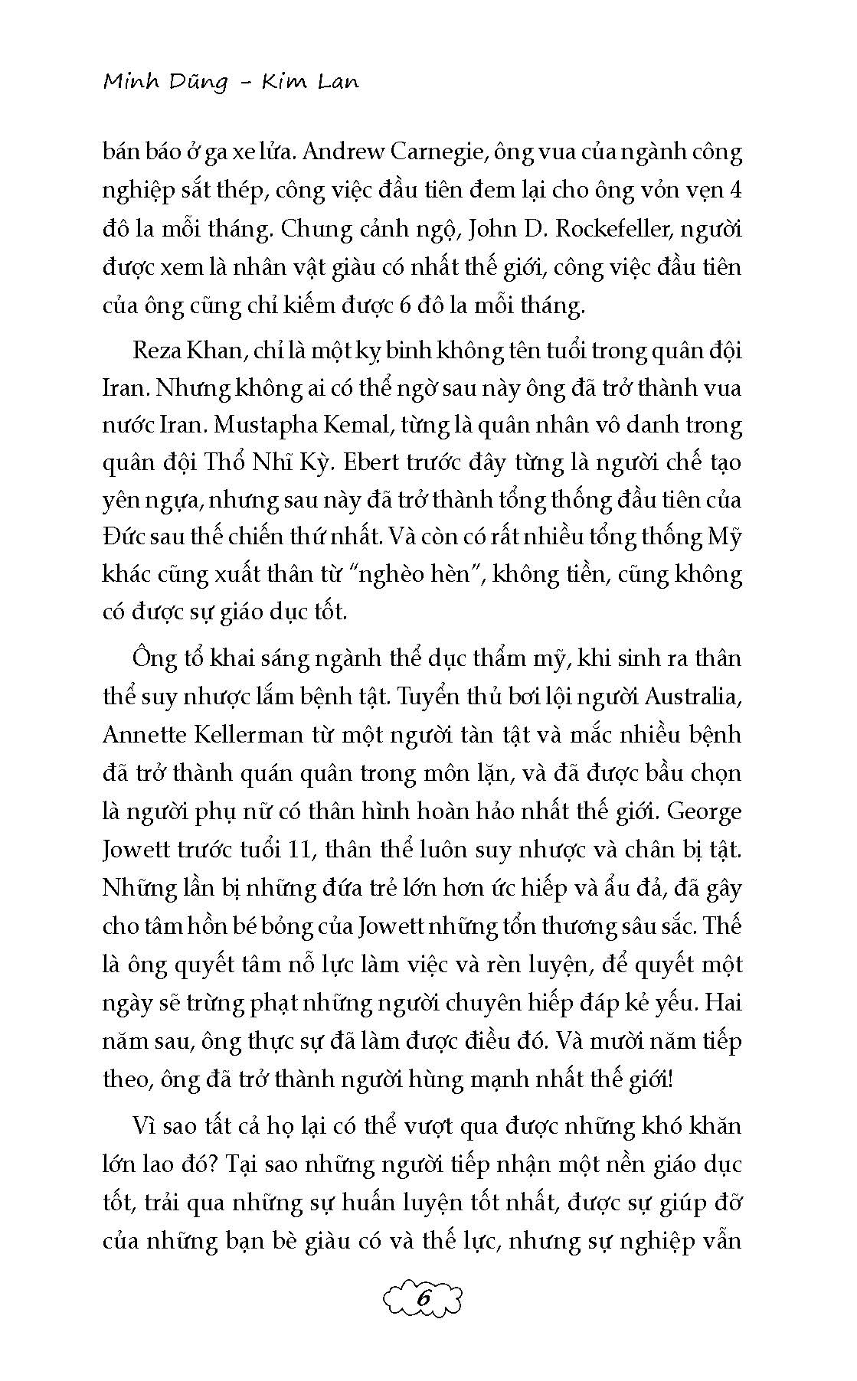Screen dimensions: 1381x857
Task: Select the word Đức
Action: coord(122,537)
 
